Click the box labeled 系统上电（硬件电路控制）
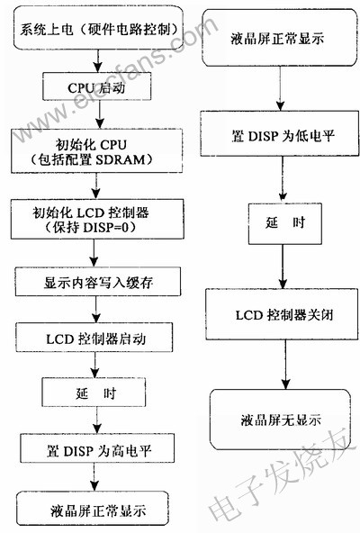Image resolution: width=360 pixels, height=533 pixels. [99, 28]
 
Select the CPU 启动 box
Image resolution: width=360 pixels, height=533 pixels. [97, 86]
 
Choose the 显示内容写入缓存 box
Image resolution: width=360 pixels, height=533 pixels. [98, 282]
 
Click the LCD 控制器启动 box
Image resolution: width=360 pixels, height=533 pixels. [94, 338]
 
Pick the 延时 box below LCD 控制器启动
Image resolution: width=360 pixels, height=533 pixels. [94, 392]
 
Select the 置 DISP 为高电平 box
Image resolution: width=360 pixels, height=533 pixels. [97, 448]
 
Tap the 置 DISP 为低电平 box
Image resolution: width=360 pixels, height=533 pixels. [279, 133]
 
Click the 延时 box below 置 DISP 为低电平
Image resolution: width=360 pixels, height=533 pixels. [285, 223]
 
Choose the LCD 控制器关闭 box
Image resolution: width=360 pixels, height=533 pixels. [282, 314]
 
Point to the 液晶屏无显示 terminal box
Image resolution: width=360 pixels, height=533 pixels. [281, 420]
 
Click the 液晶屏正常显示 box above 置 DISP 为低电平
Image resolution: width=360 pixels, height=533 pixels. [280, 38]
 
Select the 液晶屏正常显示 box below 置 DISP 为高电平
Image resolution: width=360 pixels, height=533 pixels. [93, 508]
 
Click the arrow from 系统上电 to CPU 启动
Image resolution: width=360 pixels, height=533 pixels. [98, 61]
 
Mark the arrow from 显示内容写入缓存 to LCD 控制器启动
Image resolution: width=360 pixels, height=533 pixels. [96, 310]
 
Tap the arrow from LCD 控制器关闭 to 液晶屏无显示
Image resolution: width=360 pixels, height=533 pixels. [285, 365]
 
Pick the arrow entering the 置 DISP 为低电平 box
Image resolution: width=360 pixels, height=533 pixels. [280, 88]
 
